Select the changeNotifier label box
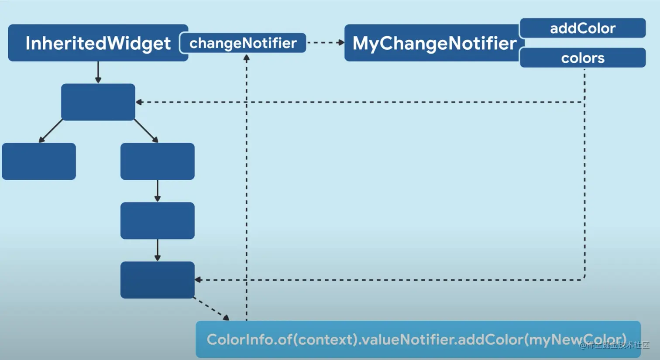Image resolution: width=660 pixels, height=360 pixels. pyautogui.click(x=243, y=43)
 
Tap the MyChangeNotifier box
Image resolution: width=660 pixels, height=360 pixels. pyautogui.click(x=433, y=43)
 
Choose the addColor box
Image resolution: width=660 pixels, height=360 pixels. pyautogui.click(x=583, y=28)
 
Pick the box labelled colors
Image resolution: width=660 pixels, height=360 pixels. pyautogui.click(x=583, y=58)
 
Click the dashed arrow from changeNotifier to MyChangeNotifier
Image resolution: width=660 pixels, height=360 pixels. pyautogui.click(x=325, y=43)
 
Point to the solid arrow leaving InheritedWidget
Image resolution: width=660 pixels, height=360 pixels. pyautogui.click(x=98, y=72)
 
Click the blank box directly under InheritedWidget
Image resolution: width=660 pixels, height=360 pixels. pyautogui.click(x=98, y=102)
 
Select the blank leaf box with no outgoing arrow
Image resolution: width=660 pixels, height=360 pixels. pyautogui.click(x=39, y=161)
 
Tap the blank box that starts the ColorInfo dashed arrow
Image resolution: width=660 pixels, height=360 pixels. pyautogui.click(x=157, y=280)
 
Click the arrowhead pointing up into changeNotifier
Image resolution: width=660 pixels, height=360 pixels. pyautogui.click(x=247, y=58)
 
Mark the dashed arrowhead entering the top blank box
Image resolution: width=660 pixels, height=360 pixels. pyautogui.click(x=139, y=102)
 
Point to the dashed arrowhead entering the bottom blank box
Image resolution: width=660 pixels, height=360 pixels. pyautogui.click(x=198, y=280)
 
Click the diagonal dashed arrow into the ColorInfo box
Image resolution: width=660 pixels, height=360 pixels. pyautogui.click(x=211, y=309)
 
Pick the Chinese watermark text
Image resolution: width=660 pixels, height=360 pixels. pyautogui.click(x=615, y=345)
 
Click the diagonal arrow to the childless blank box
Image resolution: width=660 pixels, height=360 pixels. pyautogui.click(x=51, y=131)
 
